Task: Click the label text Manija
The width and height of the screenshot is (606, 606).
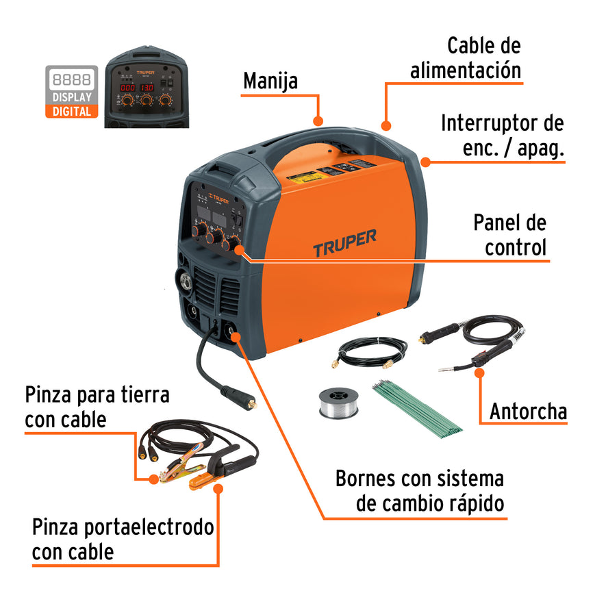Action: coord(270,81)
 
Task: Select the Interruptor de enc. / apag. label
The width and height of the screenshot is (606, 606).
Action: coord(502,136)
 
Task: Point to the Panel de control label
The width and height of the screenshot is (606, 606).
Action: coord(510,235)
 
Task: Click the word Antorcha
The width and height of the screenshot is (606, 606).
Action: coord(528,411)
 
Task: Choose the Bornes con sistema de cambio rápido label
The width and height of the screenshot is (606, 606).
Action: coord(419,490)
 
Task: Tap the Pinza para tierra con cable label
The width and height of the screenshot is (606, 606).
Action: coord(97,406)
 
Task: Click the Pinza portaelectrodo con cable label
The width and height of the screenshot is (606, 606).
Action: coord(123,539)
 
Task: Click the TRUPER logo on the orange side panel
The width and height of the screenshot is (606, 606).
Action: coord(345,242)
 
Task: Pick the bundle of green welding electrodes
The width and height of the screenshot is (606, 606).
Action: coord(418,407)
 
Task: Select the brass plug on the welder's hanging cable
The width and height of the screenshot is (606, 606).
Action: coord(251,403)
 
